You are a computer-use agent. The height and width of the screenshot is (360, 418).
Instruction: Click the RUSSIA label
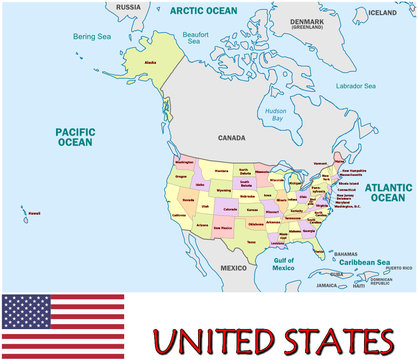tap(128, 7)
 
